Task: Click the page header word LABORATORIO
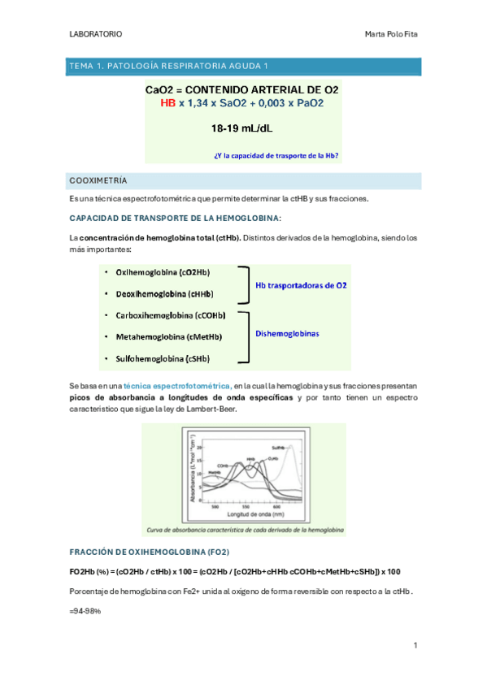click(97, 34)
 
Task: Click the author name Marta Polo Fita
click(392, 34)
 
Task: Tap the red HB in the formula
click(168, 103)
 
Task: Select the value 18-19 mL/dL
click(242, 128)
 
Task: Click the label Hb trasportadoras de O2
click(301, 285)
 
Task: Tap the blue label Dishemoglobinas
click(287, 333)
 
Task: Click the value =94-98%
click(85, 610)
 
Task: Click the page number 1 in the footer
click(415, 645)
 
